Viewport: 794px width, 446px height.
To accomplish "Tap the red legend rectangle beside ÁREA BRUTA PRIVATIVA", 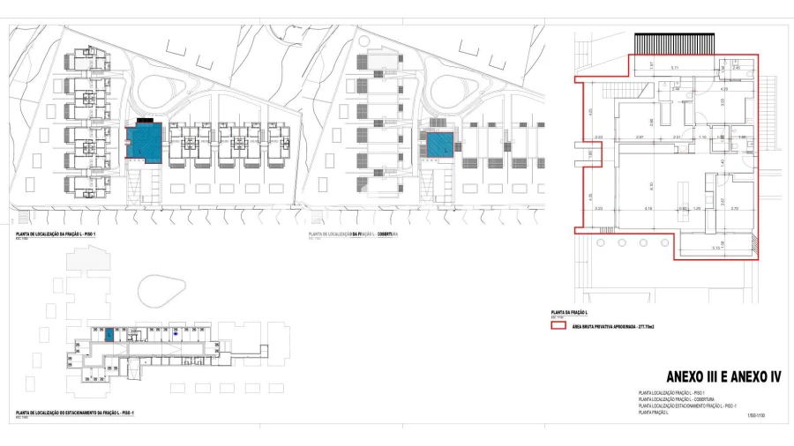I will pyautogui.click(x=558, y=325).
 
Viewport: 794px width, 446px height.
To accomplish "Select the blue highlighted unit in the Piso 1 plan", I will pyautogui.click(x=145, y=142).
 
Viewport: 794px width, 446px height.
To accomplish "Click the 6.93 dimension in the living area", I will pyautogui.click(x=649, y=184).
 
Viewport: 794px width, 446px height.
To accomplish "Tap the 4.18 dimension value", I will pyautogui.click(x=648, y=209).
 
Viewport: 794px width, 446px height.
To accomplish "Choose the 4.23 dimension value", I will pyautogui.click(x=723, y=89).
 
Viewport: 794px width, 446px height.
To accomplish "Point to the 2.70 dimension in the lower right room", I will pyautogui.click(x=734, y=209).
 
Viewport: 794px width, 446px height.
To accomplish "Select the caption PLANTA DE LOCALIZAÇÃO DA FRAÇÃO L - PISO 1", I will pyautogui.click(x=56, y=234).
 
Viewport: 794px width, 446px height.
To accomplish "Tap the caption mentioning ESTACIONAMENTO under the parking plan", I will pyautogui.click(x=74, y=412).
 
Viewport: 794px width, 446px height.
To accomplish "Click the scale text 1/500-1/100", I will pyautogui.click(x=755, y=414).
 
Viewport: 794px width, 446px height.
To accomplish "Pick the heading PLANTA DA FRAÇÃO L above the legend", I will pyautogui.click(x=569, y=313).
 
